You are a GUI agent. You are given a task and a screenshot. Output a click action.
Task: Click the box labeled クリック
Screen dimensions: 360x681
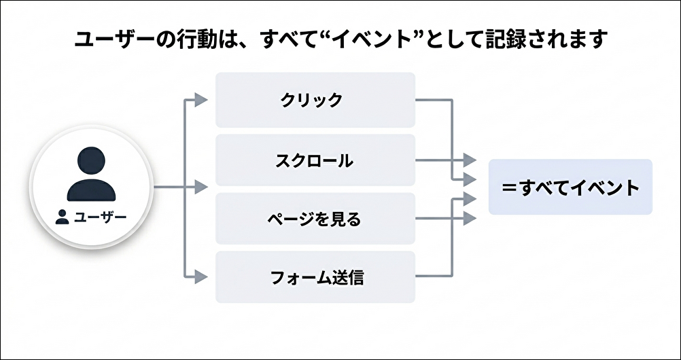click(x=315, y=101)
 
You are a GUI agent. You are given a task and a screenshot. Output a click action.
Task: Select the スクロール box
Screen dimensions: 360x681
click(x=315, y=161)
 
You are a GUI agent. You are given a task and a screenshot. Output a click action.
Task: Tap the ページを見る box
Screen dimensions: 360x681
click(x=315, y=219)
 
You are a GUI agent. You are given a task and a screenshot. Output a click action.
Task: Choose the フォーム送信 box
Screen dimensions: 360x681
click(x=315, y=277)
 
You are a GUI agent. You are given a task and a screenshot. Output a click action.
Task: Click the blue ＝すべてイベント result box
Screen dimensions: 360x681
click(x=570, y=187)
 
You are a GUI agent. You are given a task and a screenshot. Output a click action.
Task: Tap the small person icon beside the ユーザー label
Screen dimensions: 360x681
click(x=63, y=217)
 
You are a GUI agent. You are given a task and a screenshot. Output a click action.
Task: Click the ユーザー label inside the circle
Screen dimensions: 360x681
click(x=100, y=217)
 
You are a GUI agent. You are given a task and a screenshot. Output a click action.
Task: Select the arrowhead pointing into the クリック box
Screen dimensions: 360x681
click(x=200, y=101)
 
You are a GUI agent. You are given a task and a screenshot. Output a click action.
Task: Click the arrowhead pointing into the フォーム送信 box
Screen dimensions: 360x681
click(x=200, y=276)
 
